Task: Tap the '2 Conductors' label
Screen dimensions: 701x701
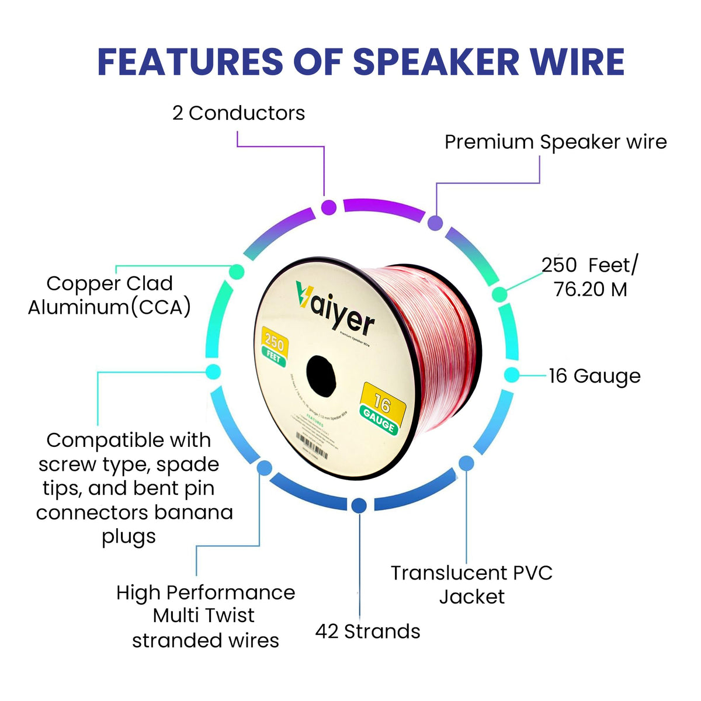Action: pyautogui.click(x=238, y=113)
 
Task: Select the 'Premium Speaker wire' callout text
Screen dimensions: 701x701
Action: pyautogui.click(x=555, y=142)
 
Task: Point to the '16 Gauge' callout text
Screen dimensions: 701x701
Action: pyautogui.click(x=594, y=376)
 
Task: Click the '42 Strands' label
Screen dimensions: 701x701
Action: pyautogui.click(x=367, y=631)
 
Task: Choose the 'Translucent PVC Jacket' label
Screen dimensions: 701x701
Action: pyautogui.click(x=471, y=584)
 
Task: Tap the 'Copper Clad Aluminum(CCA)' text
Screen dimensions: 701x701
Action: pyautogui.click(x=110, y=295)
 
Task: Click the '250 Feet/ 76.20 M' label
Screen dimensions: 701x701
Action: pyautogui.click(x=590, y=277)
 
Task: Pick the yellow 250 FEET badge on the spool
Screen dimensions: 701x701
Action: pyautogui.click(x=273, y=346)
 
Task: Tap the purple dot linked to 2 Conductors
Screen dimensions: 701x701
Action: pyautogui.click(x=329, y=207)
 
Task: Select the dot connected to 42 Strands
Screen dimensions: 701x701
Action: pyautogui.click(x=359, y=505)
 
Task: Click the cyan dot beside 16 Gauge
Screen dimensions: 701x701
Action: pyautogui.click(x=511, y=375)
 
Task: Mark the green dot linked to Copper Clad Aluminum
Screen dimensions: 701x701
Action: pyautogui.click(x=237, y=272)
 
